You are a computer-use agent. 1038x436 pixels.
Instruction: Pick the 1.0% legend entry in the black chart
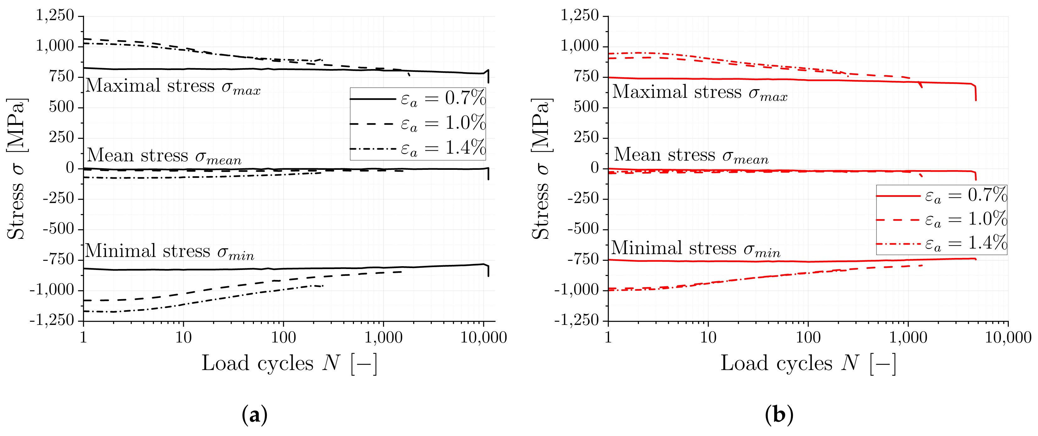tap(418, 123)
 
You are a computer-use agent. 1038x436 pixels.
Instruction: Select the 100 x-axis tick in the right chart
tap(808, 337)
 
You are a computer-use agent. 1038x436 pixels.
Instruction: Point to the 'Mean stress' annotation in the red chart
tap(691, 155)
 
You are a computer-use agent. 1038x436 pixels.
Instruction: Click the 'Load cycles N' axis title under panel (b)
tap(808, 363)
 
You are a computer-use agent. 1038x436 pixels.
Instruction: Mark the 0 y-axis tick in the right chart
tap(594, 168)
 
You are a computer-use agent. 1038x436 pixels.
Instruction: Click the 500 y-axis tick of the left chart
tap(62, 107)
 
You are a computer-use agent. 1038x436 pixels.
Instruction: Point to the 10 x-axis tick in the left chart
tap(183, 337)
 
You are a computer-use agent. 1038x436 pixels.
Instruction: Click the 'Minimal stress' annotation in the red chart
tap(695, 249)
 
